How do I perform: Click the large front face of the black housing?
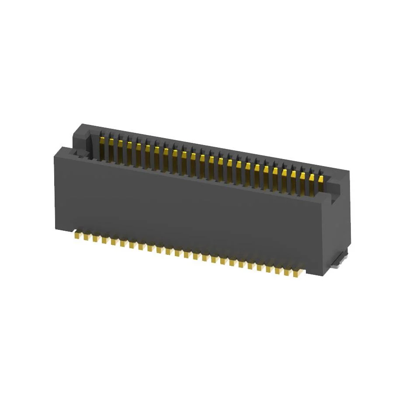point(188,210)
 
